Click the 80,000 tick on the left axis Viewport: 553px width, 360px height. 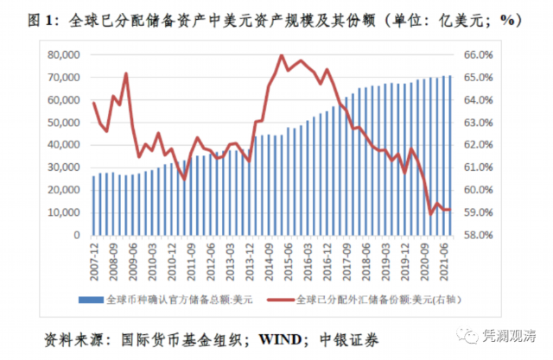point(65,54)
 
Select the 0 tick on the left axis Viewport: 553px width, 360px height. point(79,235)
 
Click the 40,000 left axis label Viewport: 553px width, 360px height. point(65,145)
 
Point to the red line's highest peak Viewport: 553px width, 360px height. point(283,55)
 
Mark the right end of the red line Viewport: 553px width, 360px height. point(450,210)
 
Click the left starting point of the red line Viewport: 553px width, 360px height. point(93,103)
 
